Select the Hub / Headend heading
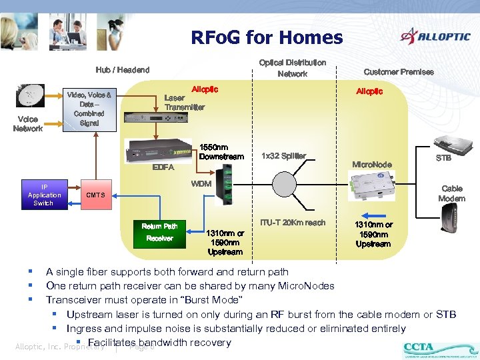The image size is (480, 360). pyautogui.click(x=123, y=70)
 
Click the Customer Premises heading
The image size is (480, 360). pyautogui.click(x=398, y=71)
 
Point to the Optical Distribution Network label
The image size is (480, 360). pyautogui.click(x=292, y=68)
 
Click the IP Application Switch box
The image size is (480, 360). pyautogui.click(x=43, y=195)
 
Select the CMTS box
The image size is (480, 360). pyautogui.click(x=96, y=195)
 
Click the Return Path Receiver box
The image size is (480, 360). pyautogui.click(x=159, y=232)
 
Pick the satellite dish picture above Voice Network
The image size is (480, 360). pyautogui.click(x=30, y=97)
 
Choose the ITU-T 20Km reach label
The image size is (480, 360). pyautogui.click(x=293, y=223)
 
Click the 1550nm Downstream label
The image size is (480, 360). pyautogui.click(x=221, y=152)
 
